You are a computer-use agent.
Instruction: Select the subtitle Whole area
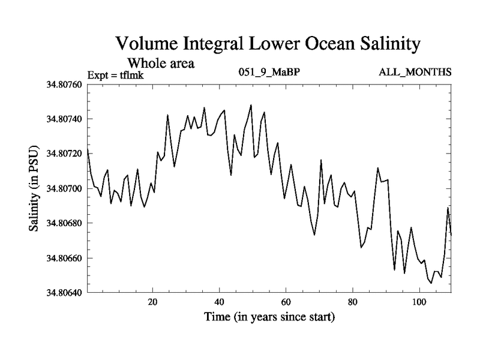(x=161, y=62)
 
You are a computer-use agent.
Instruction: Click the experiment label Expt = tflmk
(x=116, y=74)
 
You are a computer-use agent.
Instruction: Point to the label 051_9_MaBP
(x=269, y=73)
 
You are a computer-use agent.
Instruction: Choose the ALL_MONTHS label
(x=415, y=73)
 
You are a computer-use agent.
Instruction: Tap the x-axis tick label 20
(x=152, y=302)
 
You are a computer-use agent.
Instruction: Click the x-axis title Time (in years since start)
(x=268, y=316)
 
